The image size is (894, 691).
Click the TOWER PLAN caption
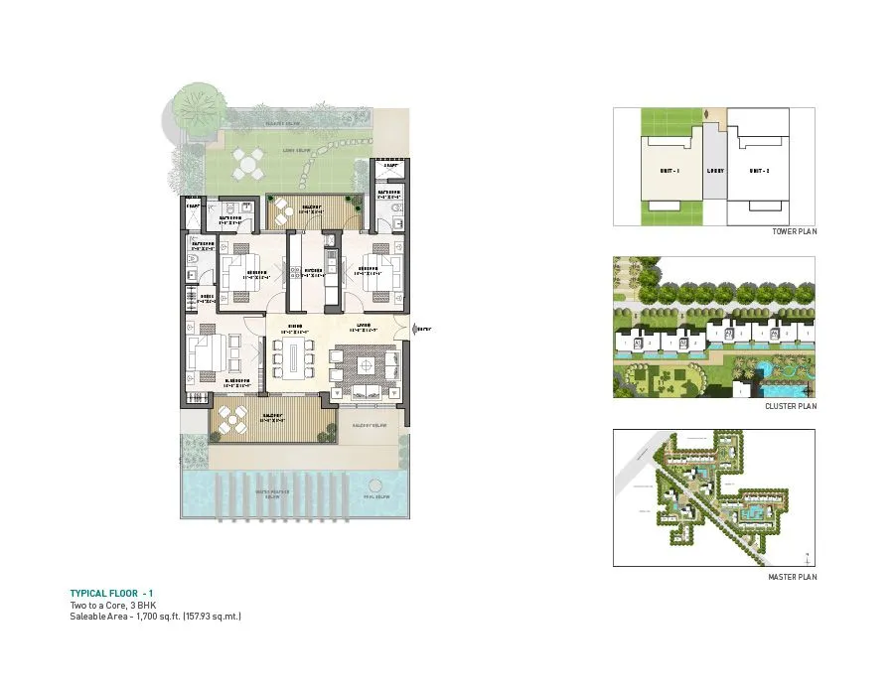pos(794,231)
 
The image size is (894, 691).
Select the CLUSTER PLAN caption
pos(793,406)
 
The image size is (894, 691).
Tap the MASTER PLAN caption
pos(794,577)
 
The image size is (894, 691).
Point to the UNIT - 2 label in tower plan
pos(761,171)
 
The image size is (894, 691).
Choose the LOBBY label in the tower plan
pos(715,171)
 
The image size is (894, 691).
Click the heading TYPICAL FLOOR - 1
pos(112,593)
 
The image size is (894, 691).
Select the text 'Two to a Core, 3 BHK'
pos(112,605)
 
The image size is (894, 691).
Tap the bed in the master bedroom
pos(207,351)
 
